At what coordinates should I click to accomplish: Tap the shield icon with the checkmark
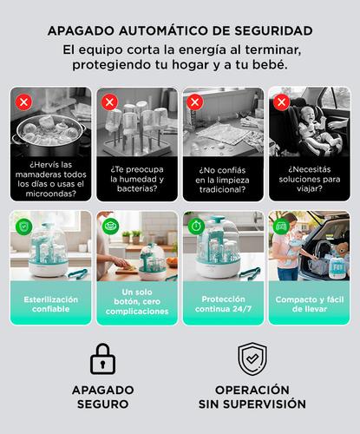point(252,358)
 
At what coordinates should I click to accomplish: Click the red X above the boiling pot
point(23,102)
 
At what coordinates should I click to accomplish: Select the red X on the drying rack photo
point(109,102)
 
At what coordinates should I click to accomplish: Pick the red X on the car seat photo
point(281,102)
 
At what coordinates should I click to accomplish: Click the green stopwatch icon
point(195,226)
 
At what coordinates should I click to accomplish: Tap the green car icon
point(281,226)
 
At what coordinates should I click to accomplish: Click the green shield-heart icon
point(23,226)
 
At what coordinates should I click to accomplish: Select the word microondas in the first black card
point(51,194)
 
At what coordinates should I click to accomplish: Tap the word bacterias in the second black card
point(137,188)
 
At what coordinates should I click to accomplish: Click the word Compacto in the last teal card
point(292,299)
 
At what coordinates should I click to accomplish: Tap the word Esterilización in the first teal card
point(51,299)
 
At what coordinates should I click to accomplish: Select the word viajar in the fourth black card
point(310,189)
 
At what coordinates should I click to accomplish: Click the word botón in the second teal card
point(126,301)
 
